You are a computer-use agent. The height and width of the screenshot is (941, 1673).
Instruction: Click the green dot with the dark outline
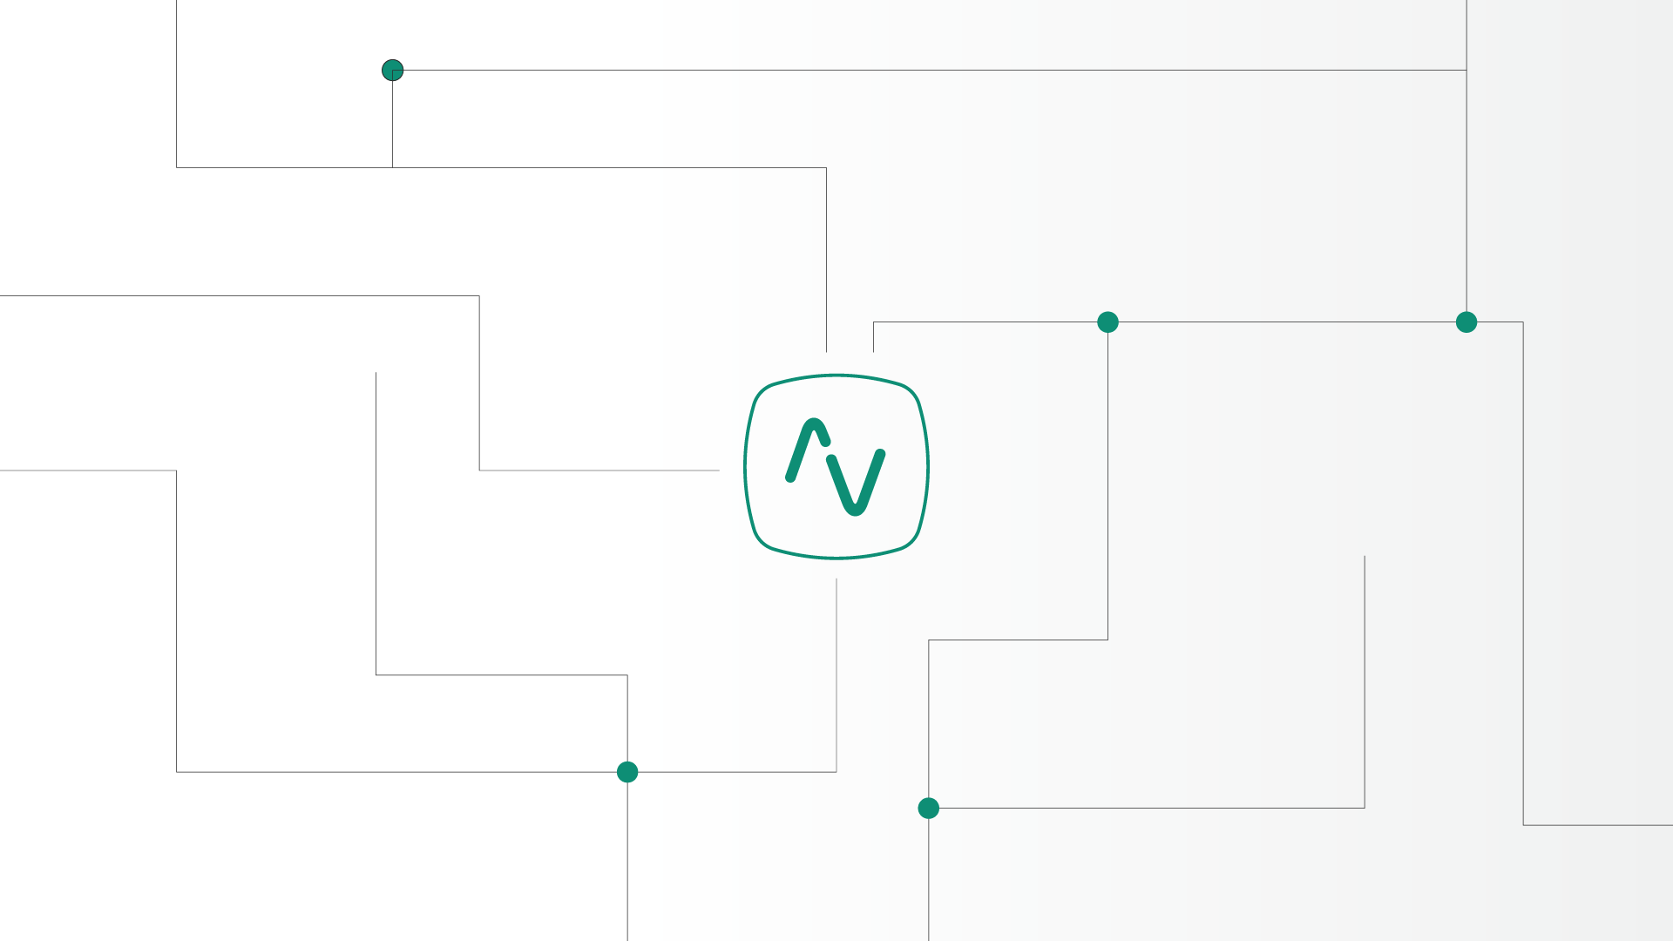pos(392,70)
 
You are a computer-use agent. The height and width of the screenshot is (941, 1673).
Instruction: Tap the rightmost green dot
pos(1466,322)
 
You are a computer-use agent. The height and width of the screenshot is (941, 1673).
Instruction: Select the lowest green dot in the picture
pos(929,809)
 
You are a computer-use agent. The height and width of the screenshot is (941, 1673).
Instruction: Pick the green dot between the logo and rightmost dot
pos(1107,322)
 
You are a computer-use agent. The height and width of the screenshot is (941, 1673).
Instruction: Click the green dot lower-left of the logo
pos(627,772)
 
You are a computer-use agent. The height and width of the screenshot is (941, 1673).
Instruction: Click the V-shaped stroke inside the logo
pos(856,484)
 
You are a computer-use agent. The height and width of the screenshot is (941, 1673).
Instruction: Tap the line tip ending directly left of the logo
pos(719,470)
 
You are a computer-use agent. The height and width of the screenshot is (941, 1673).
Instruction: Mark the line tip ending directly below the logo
pos(836,579)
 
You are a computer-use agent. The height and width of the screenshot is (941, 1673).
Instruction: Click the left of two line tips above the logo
pos(826,351)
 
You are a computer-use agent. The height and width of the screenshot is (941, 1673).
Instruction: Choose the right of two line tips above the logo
pos(874,351)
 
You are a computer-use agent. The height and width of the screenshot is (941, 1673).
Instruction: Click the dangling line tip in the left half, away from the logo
pos(376,373)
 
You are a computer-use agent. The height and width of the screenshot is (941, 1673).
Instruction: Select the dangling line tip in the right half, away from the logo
pos(1365,556)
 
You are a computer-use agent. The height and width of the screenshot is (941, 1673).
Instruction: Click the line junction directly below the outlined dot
pos(392,167)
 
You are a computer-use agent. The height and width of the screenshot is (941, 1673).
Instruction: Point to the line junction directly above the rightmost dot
pos(1466,70)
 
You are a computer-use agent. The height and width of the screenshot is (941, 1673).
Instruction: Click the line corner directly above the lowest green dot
pos(929,640)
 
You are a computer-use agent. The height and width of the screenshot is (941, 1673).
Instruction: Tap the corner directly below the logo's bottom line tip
pos(836,772)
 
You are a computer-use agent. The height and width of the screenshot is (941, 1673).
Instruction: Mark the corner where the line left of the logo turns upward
pos(479,470)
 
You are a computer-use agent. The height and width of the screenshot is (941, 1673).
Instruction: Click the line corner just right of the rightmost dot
pos(1523,322)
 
